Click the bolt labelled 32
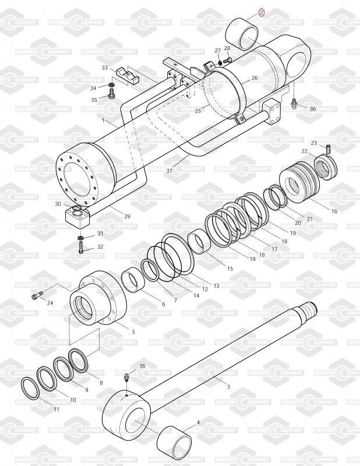(80, 248)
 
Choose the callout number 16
(334, 211)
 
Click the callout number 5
(133, 331)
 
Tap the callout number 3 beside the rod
(228, 386)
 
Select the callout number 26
(255, 78)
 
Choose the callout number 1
(103, 121)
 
